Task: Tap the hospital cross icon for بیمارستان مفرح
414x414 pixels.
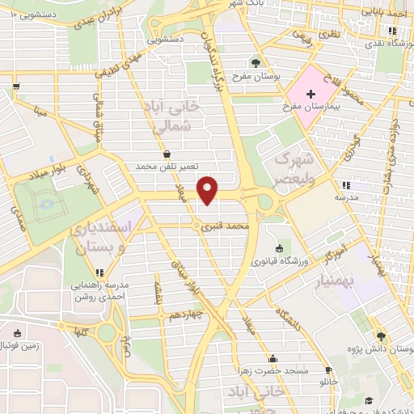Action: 310,95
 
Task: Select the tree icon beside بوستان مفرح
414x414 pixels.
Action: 256,62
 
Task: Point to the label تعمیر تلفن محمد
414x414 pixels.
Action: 166,166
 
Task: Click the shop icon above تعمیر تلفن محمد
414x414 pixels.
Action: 167,153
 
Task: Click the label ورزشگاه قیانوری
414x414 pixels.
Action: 279,261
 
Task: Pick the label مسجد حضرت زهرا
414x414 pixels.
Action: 272,370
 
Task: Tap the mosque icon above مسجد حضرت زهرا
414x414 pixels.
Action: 272,358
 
